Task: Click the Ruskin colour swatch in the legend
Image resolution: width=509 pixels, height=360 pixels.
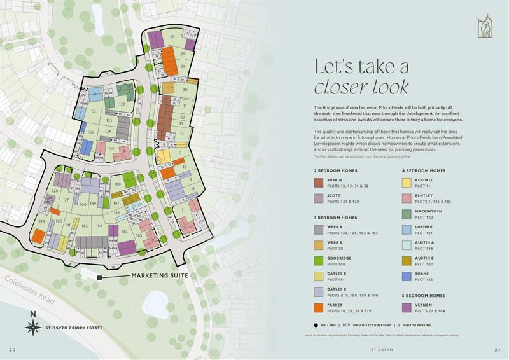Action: click(x=318, y=183)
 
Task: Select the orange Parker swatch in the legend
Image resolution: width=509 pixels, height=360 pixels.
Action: click(x=318, y=308)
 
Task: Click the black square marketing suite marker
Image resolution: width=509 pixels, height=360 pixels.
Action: click(x=99, y=277)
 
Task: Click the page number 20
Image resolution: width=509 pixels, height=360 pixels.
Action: click(x=12, y=350)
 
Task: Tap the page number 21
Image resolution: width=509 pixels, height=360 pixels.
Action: click(x=497, y=350)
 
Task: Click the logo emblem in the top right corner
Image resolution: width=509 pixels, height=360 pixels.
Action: click(x=484, y=26)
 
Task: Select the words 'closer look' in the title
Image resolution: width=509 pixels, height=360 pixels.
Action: click(x=361, y=87)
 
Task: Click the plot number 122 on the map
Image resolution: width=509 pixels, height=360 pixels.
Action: click(x=122, y=104)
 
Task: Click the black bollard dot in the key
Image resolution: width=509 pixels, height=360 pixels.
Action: click(x=316, y=325)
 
